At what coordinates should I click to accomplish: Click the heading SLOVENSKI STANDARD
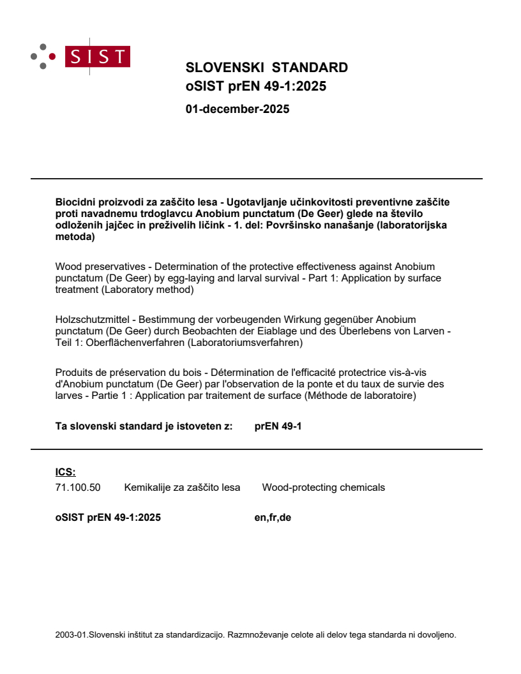click(266, 68)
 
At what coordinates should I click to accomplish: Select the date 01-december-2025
click(237, 109)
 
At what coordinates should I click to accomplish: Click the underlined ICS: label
click(65, 472)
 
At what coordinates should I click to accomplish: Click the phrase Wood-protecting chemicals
click(324, 488)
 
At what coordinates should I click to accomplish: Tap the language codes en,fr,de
click(273, 518)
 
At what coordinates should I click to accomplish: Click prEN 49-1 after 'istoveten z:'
click(278, 426)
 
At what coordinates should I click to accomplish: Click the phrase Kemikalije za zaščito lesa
click(182, 488)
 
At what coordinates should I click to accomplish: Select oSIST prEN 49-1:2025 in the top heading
click(255, 86)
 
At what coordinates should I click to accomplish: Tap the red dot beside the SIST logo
click(52, 56)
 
